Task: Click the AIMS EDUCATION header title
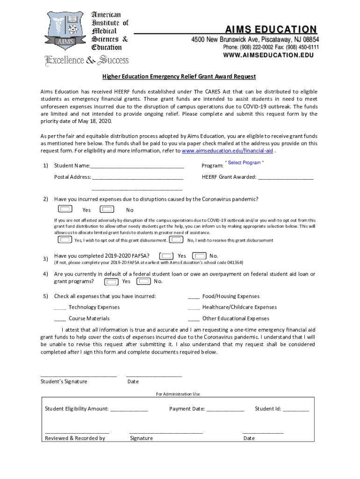pos(271,29)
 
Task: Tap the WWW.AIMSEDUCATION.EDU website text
pos(268,55)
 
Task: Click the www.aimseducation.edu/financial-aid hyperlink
pos(228,151)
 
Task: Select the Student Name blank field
pos(137,166)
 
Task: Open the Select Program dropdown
pos(244,163)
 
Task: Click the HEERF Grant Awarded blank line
pos(285,177)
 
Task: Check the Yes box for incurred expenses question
pos(66,209)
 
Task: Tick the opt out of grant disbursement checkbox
pos(65,239)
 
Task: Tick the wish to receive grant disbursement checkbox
pos(176,239)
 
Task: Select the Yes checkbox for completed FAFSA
pos(166,256)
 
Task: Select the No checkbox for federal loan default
pos(144,281)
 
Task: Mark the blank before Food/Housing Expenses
pos(194,297)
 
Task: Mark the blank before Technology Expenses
pos(60,308)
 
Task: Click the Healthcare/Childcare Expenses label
pos(239,307)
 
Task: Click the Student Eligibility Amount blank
pos(129,409)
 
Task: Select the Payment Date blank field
pos(225,409)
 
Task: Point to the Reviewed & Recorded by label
pos(75,438)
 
